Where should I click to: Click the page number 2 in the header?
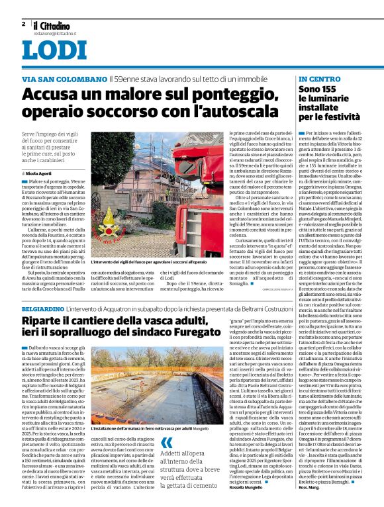point(23,23)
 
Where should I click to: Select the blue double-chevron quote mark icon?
point(167,444)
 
